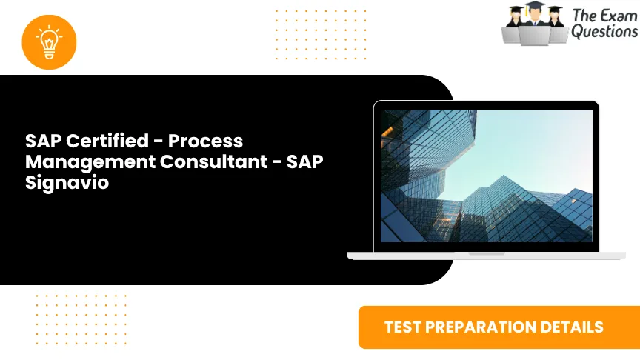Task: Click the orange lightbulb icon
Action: (x=50, y=41)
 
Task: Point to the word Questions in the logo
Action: (x=604, y=32)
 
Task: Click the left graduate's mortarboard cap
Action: (x=516, y=10)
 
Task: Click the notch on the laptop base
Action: (x=487, y=253)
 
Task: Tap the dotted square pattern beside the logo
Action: (x=301, y=34)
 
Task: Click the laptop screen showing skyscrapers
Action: (x=487, y=176)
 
